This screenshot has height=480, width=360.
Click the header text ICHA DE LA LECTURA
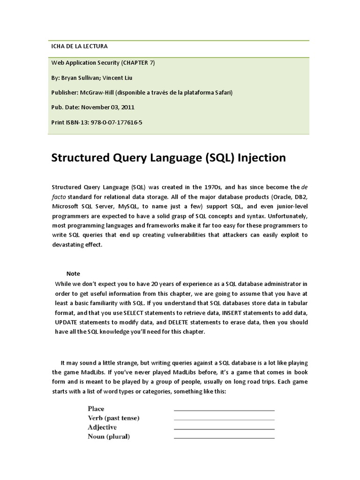pos(79,46)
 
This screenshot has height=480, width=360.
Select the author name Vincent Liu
pos(122,77)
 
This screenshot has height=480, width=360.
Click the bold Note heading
pos(73,273)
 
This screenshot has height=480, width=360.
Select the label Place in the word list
pos(96,409)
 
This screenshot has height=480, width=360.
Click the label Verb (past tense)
pos(113,418)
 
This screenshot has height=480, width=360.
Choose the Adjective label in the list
pos(102,427)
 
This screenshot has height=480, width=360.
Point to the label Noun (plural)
pos(109,437)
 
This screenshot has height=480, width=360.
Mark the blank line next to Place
pos(224,410)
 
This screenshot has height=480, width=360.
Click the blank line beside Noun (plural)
pos(224,438)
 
